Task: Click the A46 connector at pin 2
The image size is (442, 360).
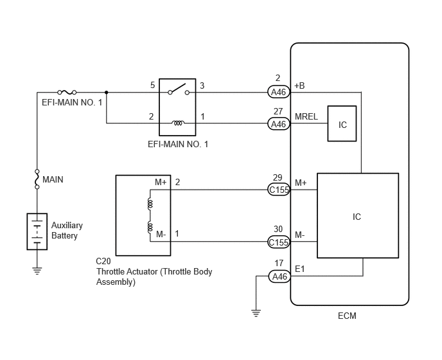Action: [279, 92]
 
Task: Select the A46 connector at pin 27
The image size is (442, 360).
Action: [279, 124]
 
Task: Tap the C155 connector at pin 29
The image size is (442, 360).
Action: [279, 190]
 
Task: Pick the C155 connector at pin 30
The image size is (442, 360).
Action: [279, 242]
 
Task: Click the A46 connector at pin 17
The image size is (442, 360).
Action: [279, 276]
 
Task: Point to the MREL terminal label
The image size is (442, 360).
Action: [306, 116]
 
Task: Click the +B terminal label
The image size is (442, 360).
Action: [299, 85]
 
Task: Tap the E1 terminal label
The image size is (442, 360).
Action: [299, 269]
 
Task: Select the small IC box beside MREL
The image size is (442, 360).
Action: [342, 123]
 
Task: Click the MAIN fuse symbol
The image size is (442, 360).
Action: [37, 179]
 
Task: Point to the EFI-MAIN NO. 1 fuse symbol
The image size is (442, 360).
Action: [67, 93]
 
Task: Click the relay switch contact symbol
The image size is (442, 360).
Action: [179, 89]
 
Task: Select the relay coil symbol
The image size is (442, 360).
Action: [178, 123]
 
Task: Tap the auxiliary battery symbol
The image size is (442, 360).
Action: [37, 231]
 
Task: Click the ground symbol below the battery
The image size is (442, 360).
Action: [37, 271]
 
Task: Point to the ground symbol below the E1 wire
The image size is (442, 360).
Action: [256, 313]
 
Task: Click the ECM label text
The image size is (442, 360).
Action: [347, 316]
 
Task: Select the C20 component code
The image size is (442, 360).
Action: [103, 261]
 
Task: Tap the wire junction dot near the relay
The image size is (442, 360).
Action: [106, 93]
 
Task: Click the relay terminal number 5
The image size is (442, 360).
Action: [152, 85]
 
